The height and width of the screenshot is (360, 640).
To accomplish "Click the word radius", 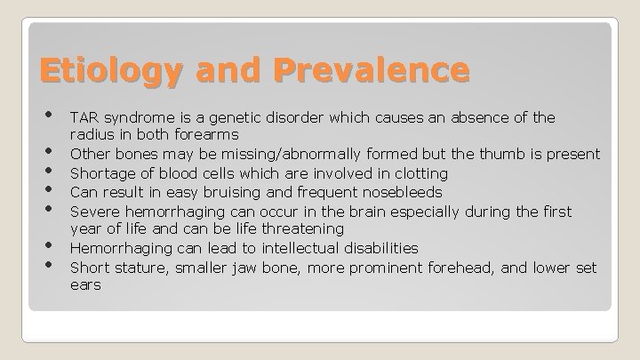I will click(92, 135).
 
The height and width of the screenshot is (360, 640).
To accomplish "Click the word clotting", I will click(418, 173).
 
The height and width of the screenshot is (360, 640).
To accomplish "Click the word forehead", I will click(478, 267).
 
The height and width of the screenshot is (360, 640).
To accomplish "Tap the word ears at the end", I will click(85, 285).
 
